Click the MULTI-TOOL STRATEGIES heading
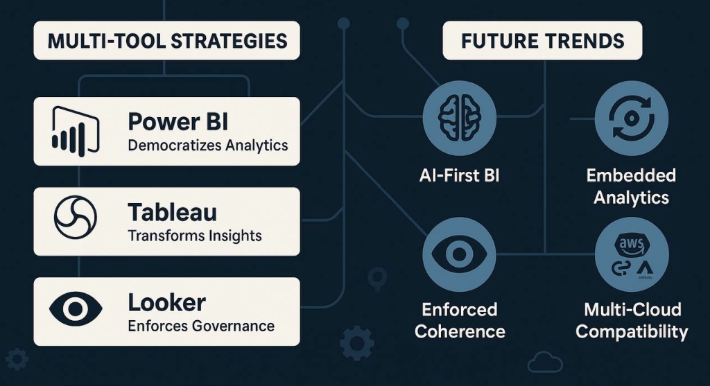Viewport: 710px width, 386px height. tap(167, 41)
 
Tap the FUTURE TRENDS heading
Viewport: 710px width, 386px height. tap(542, 41)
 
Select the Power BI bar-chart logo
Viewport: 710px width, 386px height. tap(75, 131)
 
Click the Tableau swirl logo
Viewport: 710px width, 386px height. tap(75, 217)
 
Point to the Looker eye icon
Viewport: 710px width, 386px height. tap(75, 309)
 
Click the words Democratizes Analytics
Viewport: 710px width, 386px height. tap(208, 146)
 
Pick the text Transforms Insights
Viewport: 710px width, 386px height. tap(195, 236)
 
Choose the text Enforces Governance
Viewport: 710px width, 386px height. tap(201, 326)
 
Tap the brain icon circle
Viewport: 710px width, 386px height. tap(459, 118)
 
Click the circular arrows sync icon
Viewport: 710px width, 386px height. tap(631, 118)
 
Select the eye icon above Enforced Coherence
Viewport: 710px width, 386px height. tap(459, 254)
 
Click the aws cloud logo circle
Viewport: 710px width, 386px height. tap(631, 254)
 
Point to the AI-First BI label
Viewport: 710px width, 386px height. tap(459, 175)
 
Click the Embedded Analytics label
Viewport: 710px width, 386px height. tap(631, 186)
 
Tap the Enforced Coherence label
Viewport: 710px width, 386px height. tap(460, 320)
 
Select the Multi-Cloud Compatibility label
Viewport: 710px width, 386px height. tap(632, 320)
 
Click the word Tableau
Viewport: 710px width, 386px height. tap(172, 212)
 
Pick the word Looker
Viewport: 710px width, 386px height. tap(166, 302)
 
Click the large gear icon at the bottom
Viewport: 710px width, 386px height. tap(357, 343)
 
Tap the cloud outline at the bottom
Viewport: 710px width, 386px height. tap(545, 362)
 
